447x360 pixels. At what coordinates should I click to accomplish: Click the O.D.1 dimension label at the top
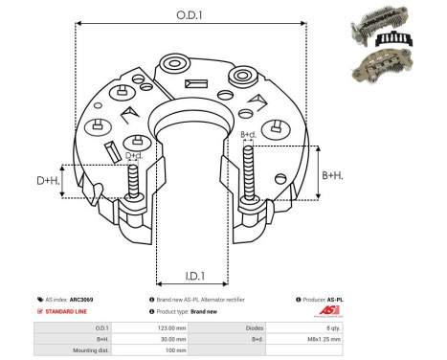coord(188,14)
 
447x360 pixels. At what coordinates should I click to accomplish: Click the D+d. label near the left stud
coord(135,154)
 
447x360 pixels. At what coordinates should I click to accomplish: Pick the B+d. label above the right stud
coord(248,134)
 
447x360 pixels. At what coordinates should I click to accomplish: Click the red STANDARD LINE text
coord(69,312)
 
